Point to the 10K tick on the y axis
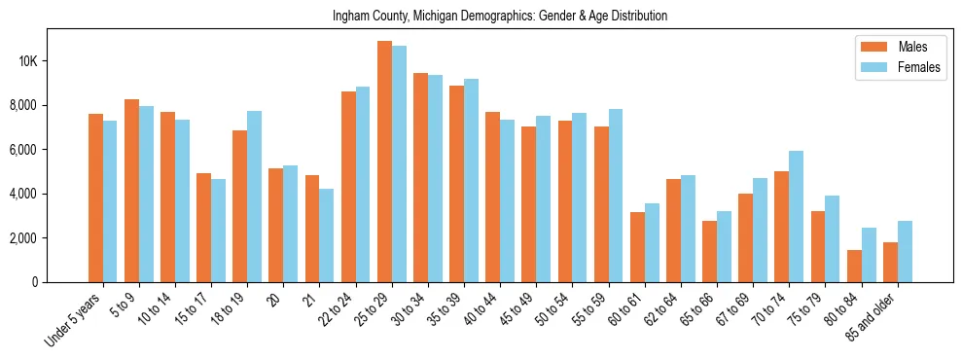point(27,61)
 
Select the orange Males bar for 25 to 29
point(384,162)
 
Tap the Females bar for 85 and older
point(905,251)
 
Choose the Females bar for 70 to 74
point(796,216)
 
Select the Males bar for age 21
point(312,229)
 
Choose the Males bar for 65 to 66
point(709,251)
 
